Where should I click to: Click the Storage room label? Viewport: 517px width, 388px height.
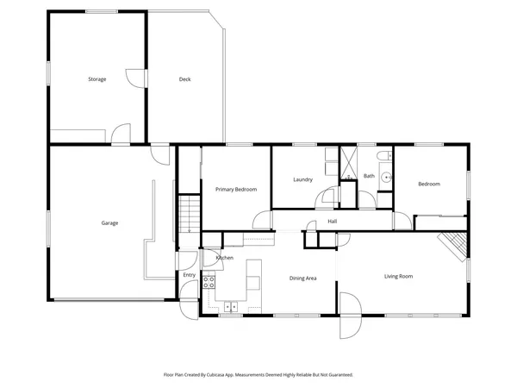click(x=97, y=79)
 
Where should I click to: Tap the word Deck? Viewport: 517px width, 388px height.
click(x=184, y=79)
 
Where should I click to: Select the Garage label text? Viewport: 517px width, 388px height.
click(x=109, y=223)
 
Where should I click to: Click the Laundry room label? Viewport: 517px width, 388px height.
click(x=302, y=179)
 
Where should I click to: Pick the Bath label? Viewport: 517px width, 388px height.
click(x=369, y=176)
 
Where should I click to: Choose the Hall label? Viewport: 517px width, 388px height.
click(x=332, y=222)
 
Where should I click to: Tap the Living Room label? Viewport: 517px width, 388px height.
click(x=399, y=276)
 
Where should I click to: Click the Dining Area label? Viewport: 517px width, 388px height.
click(x=303, y=278)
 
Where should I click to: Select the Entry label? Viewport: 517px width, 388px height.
click(x=190, y=275)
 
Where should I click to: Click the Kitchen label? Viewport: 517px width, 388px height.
click(x=225, y=258)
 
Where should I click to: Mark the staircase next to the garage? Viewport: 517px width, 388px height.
click(x=189, y=213)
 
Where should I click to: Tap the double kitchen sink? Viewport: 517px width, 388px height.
click(x=231, y=305)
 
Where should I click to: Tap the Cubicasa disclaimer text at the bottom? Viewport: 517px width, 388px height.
click(x=258, y=375)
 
